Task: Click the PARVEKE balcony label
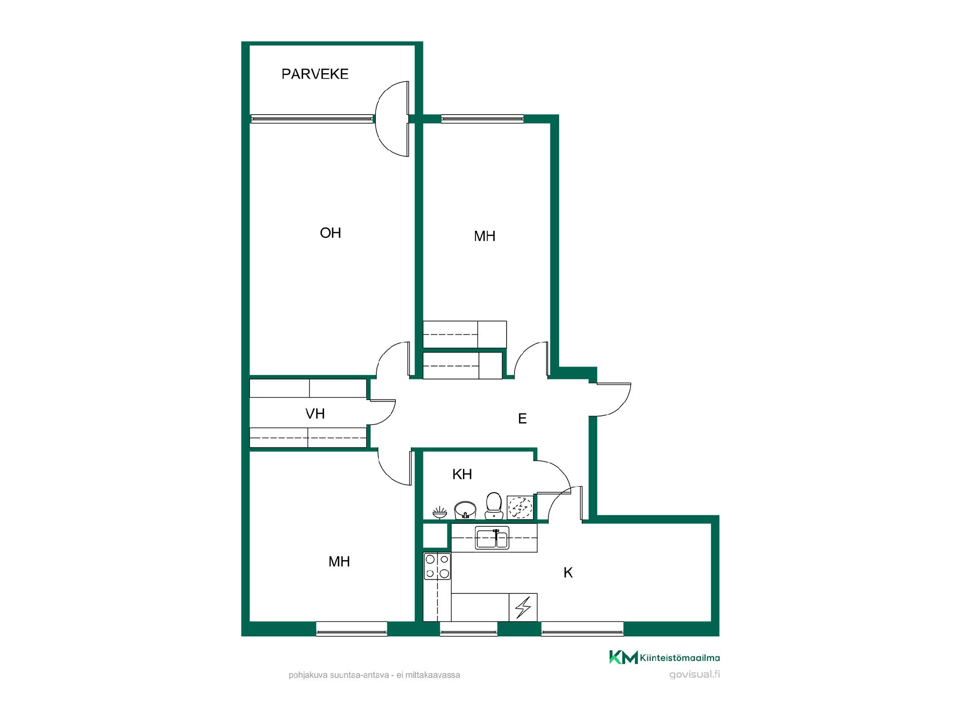315,74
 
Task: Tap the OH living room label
330,233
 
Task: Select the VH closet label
315,414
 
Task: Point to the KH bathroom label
462,474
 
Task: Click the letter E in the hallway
522,419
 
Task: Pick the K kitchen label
568,572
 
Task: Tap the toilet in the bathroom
494,506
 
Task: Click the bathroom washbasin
465,511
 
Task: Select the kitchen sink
493,538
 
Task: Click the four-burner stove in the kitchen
437,566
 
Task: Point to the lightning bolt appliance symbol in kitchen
523,607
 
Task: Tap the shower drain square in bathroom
520,508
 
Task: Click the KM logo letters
623,657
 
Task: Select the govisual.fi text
694,674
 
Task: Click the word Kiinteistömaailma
680,658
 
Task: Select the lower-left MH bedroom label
339,562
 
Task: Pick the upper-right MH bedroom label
485,236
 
